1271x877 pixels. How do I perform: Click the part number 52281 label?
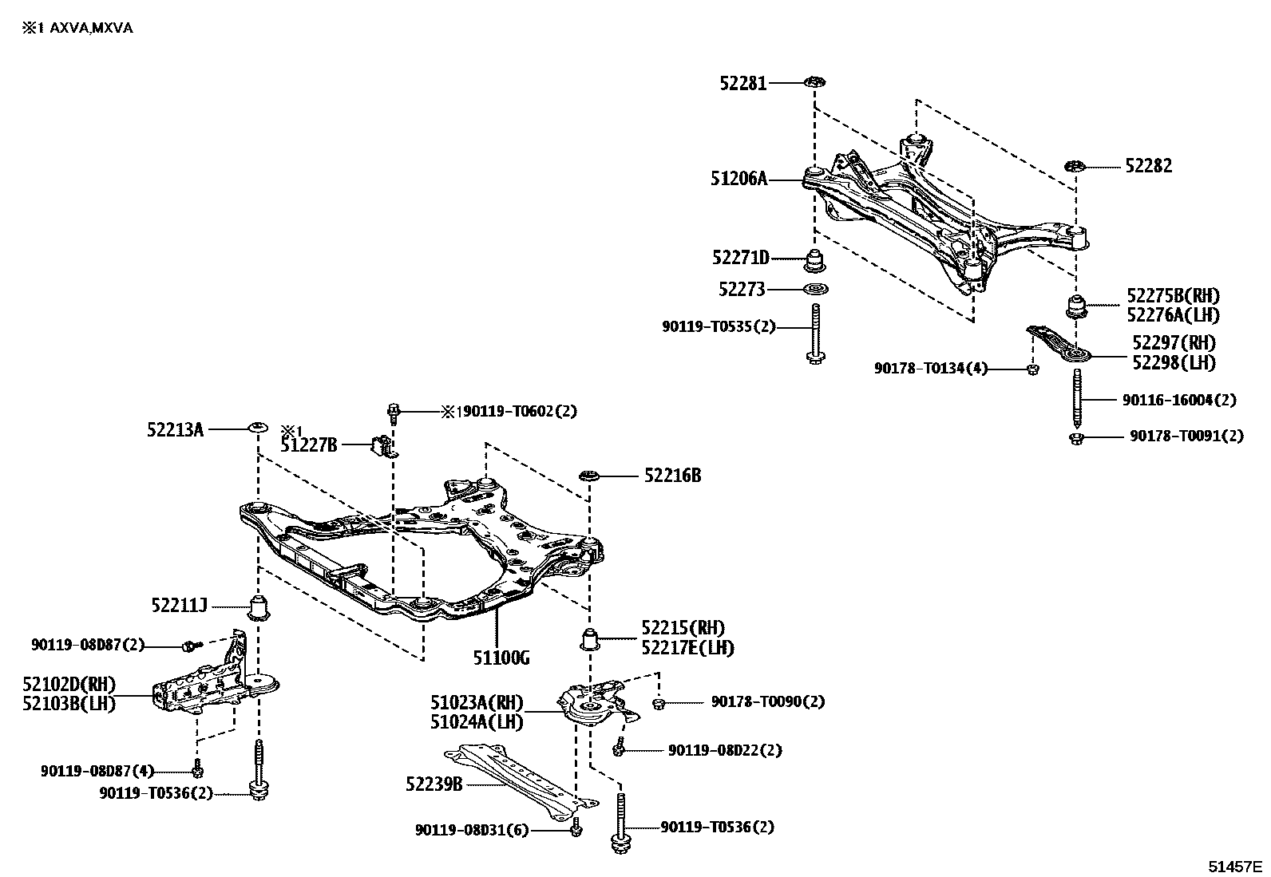(x=742, y=83)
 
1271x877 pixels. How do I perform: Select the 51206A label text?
(x=738, y=180)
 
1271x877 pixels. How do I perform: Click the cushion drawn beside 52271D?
(x=815, y=261)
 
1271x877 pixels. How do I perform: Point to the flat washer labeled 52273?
(x=814, y=289)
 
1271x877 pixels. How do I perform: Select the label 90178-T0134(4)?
(x=930, y=369)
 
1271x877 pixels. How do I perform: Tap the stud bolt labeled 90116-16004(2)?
(x=1076, y=399)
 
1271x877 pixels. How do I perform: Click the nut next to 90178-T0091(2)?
(x=1076, y=437)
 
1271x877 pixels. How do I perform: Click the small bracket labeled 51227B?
(x=382, y=445)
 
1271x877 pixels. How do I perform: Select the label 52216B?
(x=672, y=476)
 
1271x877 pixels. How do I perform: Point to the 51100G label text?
(x=501, y=658)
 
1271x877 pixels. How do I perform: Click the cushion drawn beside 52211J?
(x=259, y=608)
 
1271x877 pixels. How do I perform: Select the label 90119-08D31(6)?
(x=471, y=831)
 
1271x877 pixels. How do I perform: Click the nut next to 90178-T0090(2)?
(x=659, y=703)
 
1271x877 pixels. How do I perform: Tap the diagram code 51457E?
(x=1234, y=867)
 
